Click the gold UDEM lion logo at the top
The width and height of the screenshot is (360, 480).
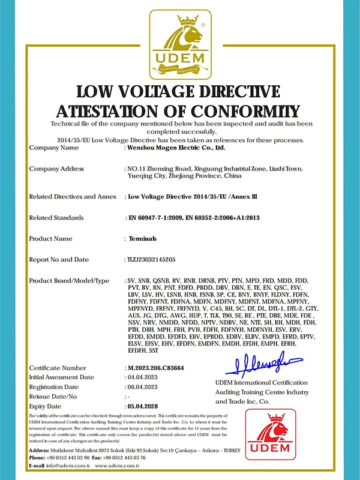[x=180, y=45]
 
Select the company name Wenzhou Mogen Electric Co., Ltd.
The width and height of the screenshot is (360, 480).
[x=174, y=147]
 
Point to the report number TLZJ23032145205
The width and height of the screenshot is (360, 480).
[x=150, y=259]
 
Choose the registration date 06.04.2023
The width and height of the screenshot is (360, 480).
[x=142, y=387]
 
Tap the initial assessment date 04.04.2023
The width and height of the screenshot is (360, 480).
[x=142, y=377]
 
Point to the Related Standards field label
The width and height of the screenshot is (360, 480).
[x=56, y=217]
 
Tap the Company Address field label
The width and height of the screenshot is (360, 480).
[x=56, y=169]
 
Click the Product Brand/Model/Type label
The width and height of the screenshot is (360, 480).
[x=69, y=281]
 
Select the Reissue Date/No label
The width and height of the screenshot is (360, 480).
[x=53, y=397]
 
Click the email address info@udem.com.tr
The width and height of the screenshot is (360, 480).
[x=68, y=466]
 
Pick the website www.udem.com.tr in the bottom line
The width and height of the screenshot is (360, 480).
[x=118, y=466]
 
